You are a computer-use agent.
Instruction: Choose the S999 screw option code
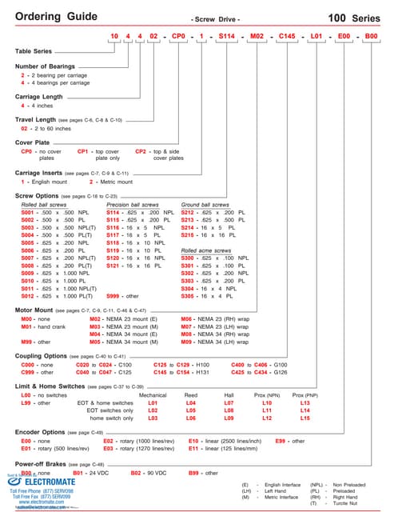(x=117, y=296)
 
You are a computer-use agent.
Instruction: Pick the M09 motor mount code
(x=188, y=342)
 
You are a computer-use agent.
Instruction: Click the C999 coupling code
(x=28, y=372)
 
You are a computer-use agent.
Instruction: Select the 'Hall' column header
(x=229, y=395)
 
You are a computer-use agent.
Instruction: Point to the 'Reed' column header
(x=191, y=395)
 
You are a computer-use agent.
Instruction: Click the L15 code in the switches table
(x=305, y=418)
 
